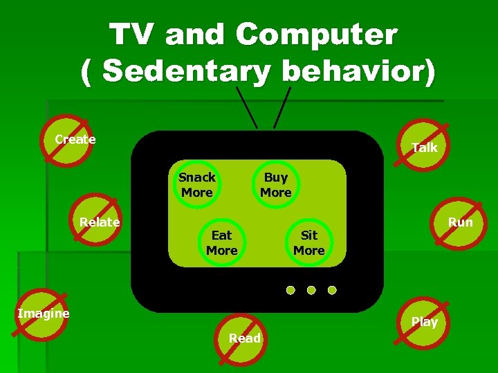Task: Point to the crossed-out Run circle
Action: pyautogui.click(x=458, y=222)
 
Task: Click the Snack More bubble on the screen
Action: pyautogui.click(x=197, y=184)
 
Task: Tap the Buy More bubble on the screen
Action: pyautogui.click(x=276, y=184)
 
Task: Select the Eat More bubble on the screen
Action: pyautogui.click(x=221, y=242)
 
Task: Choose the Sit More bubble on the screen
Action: pyautogui.click(x=308, y=242)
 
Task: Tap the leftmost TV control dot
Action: pyautogui.click(x=290, y=289)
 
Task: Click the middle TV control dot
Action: pyautogui.click(x=311, y=289)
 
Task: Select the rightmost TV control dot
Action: pyautogui.click(x=332, y=289)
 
